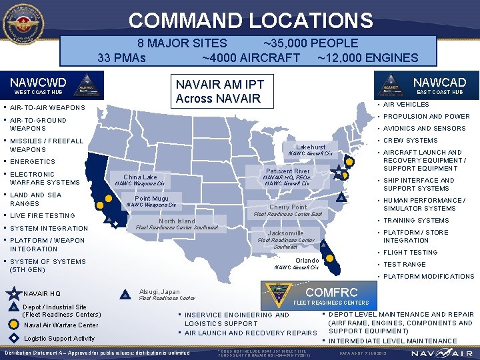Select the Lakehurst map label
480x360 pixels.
311,147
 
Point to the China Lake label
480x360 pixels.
140,177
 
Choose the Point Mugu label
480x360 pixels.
151,199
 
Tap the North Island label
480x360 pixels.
177,221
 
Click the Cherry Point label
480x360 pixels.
288,207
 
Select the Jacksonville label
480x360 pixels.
286,233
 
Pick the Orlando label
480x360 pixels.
307,260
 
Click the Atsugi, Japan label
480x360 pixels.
159,291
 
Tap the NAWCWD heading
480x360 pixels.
38,83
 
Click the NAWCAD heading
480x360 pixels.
441,83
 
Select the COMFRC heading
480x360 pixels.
331,292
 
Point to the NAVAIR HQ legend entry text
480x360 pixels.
41,293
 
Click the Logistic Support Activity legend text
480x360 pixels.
59,339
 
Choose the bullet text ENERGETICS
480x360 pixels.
33,162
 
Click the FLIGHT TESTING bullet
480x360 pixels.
410,253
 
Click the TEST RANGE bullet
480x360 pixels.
406,265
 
